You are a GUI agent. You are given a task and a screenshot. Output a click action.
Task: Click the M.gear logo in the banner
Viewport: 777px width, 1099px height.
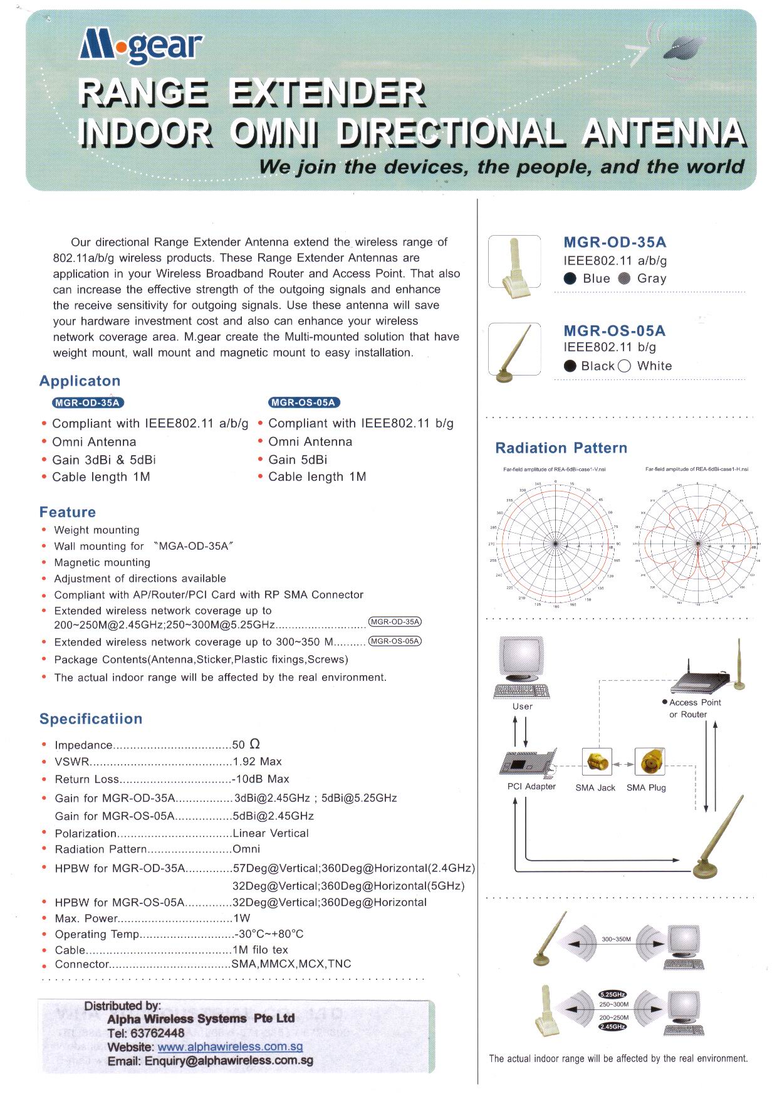[141, 48]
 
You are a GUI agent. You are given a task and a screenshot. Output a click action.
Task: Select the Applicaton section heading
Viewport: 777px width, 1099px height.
[80, 381]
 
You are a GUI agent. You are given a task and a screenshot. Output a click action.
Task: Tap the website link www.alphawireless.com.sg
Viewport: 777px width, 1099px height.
[230, 1046]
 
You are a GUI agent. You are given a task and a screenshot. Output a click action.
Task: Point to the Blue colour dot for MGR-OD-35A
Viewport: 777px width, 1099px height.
[570, 279]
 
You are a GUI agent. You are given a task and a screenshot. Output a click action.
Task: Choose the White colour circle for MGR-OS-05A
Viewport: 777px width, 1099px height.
[623, 366]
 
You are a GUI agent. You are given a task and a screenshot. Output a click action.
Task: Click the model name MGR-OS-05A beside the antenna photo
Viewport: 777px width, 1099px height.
[614, 330]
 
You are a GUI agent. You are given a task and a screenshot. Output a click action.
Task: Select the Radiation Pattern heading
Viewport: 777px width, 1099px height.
[561, 448]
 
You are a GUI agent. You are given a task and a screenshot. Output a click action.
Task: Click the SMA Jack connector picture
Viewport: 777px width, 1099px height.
[596, 762]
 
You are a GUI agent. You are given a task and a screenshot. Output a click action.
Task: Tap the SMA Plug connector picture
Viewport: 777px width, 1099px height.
[649, 762]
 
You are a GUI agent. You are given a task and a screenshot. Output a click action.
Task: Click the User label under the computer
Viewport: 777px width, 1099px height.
[522, 707]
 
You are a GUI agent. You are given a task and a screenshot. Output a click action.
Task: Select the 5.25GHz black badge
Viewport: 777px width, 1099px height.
[612, 994]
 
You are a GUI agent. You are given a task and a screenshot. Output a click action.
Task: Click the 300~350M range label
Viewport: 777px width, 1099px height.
[616, 939]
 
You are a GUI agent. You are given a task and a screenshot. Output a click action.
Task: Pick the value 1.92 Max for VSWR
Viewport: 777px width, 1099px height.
[257, 762]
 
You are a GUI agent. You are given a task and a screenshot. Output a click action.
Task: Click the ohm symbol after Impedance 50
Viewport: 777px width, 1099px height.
[254, 744]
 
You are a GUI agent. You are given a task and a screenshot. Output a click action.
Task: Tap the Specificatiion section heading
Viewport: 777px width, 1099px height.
[91, 719]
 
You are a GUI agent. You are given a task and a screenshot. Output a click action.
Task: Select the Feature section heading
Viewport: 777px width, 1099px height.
[68, 512]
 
